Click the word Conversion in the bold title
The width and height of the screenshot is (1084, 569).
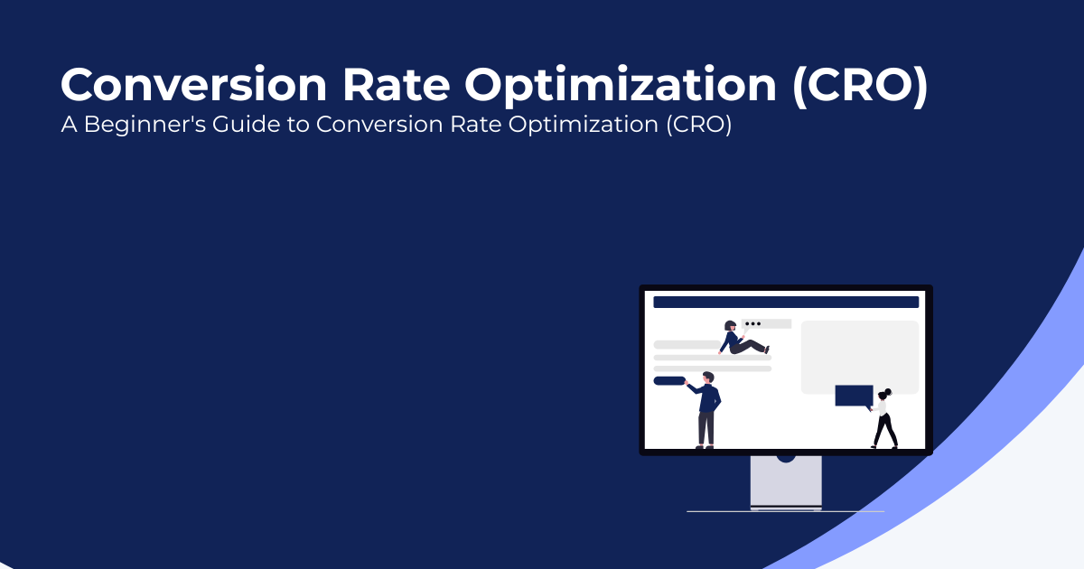click(x=194, y=85)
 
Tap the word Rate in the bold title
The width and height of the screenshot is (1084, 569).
click(x=397, y=85)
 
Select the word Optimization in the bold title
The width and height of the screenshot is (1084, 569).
click(x=621, y=87)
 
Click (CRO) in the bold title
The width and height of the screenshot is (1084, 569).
click(x=860, y=86)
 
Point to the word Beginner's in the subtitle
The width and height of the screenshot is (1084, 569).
click(x=145, y=125)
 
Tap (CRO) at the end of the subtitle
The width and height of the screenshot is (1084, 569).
click(x=699, y=125)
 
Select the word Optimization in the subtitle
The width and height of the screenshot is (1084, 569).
click(x=584, y=125)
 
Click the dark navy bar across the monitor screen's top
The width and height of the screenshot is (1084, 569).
click(x=786, y=302)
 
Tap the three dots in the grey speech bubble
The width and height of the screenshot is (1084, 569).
click(x=753, y=323)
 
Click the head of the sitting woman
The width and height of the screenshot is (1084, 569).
click(x=730, y=326)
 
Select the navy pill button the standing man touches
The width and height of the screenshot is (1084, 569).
click(x=669, y=381)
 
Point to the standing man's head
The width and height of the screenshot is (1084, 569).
click(x=708, y=378)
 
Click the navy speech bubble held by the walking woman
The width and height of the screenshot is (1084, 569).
click(x=855, y=396)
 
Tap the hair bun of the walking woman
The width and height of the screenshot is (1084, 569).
click(x=887, y=391)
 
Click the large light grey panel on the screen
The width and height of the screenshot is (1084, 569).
click(x=860, y=357)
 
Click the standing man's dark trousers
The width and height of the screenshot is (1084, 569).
click(x=706, y=428)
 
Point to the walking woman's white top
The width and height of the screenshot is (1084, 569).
click(x=883, y=408)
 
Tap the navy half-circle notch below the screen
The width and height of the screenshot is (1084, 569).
click(x=786, y=459)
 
